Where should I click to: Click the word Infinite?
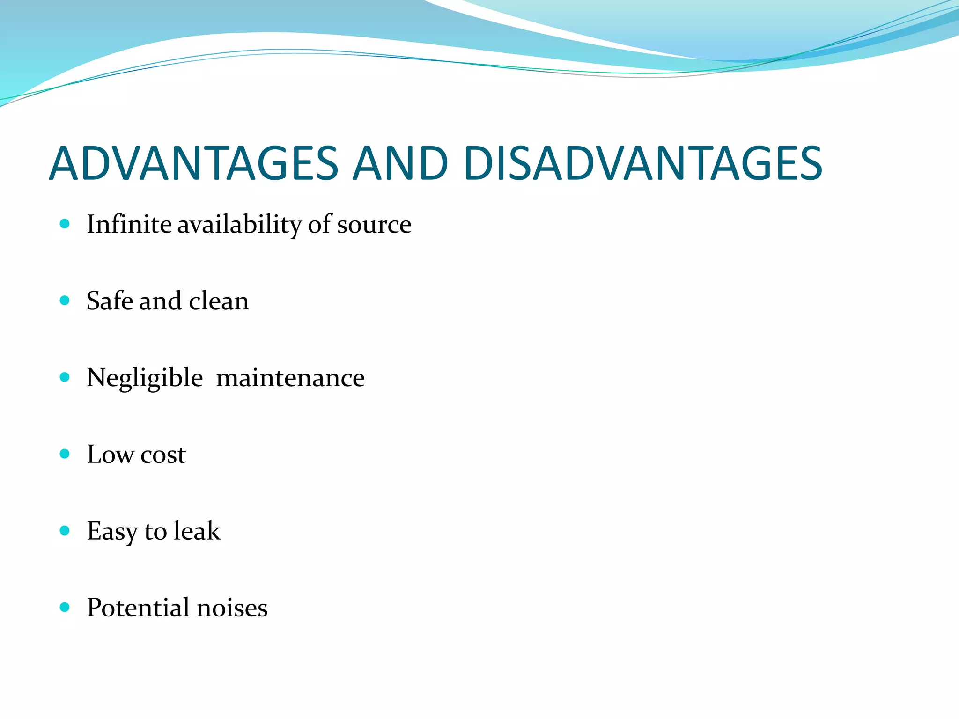coord(129,224)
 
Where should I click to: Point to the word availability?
coord(239,225)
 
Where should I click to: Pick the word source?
coord(374,225)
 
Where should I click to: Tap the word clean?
coord(219,301)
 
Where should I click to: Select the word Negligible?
coord(145,378)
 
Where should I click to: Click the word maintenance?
coord(290,378)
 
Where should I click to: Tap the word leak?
coord(197,531)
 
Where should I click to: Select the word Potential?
coord(138,608)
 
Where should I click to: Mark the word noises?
coord(232,608)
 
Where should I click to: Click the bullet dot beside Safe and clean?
coord(65,301)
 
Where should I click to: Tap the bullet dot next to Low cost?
coord(65,454)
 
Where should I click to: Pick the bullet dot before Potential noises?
coord(65,608)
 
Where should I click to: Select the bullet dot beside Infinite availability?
coord(65,224)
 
